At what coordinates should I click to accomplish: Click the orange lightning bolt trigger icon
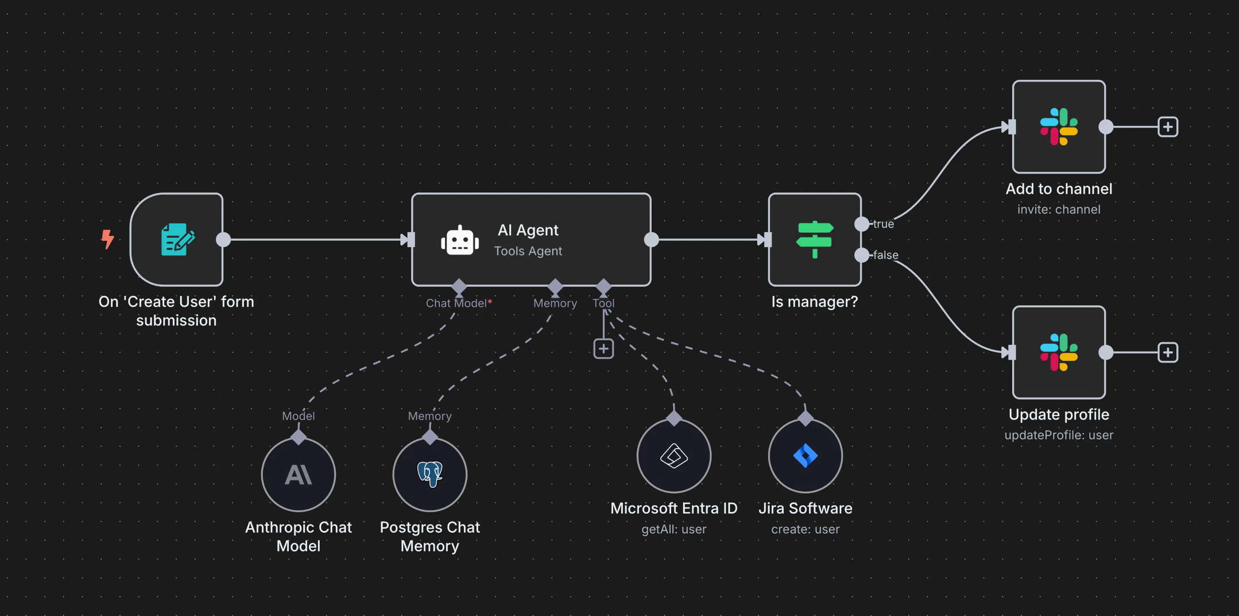[x=107, y=239]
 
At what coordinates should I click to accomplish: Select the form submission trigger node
[x=177, y=240]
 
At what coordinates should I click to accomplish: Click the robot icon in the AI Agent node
[x=460, y=240]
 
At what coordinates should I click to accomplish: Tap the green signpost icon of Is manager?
[x=815, y=240]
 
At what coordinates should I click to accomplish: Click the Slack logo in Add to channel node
[x=1059, y=126]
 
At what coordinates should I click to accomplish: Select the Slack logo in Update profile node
[x=1059, y=352]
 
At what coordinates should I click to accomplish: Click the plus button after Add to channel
[x=1168, y=126]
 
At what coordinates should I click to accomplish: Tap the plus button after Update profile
[x=1168, y=352]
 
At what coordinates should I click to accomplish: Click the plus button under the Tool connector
[x=603, y=349]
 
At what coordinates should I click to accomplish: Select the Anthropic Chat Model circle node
[x=299, y=475]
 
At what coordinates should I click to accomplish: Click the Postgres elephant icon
[x=430, y=474]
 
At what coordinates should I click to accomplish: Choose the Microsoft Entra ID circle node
[x=674, y=456]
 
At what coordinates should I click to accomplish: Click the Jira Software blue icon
[x=806, y=456]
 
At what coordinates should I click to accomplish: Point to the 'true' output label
[x=884, y=224]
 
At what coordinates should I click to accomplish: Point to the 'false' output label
[x=886, y=255]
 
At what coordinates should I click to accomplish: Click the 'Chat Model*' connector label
[x=459, y=303]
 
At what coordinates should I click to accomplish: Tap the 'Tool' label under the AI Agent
[x=603, y=303]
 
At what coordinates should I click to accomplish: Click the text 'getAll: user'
[x=674, y=529]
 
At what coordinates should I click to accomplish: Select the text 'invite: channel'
[x=1059, y=210]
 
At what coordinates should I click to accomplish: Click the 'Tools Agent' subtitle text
[x=528, y=251]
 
